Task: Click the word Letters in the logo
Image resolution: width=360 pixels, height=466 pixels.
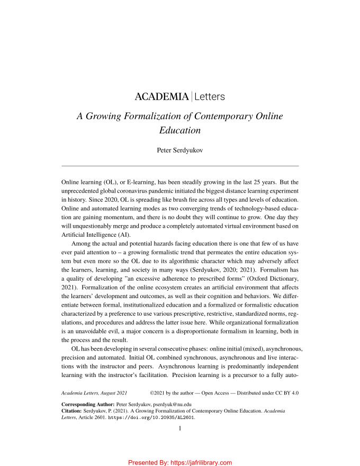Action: tap(210, 97)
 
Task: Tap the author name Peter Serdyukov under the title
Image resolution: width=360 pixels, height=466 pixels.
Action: tap(180, 150)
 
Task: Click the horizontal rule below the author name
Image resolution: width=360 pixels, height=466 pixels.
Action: tap(180, 166)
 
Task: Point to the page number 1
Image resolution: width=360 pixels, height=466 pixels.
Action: tap(180, 429)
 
